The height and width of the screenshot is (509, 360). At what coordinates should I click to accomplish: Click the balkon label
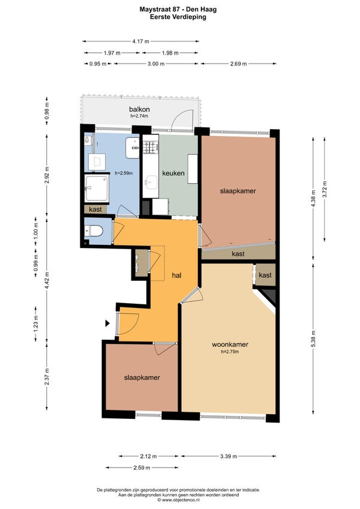pos(139,109)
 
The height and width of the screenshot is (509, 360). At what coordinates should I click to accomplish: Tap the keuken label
pos(173,173)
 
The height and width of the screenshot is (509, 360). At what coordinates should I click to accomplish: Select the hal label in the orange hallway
pos(176,276)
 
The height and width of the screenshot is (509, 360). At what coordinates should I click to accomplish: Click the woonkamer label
pos(230,345)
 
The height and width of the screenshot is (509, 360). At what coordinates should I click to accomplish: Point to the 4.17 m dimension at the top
pos(140,41)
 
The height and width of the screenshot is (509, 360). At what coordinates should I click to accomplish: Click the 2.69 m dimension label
pos(239,64)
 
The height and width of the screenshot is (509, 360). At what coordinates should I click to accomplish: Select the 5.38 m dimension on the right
pos(313,339)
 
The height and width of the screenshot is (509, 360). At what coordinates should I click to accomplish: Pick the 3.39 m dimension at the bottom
pos(229,456)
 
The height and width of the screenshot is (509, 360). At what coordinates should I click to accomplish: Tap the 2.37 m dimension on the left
pos(47,377)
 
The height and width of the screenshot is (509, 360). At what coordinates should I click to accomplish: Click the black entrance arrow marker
pos(107,323)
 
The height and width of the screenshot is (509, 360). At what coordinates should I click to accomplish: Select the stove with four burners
pos(151,147)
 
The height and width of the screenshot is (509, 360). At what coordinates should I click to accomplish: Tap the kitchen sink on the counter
pos(151,182)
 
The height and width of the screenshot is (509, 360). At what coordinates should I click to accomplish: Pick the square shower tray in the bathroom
pos(97,188)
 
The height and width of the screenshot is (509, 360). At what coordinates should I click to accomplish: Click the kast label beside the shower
pos(95,209)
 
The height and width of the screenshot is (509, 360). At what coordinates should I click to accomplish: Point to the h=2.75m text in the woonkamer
pos(230,352)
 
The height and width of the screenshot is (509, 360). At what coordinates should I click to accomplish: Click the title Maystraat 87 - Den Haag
pos(178,10)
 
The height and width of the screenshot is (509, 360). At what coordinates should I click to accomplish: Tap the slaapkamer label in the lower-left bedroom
pos(142,378)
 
